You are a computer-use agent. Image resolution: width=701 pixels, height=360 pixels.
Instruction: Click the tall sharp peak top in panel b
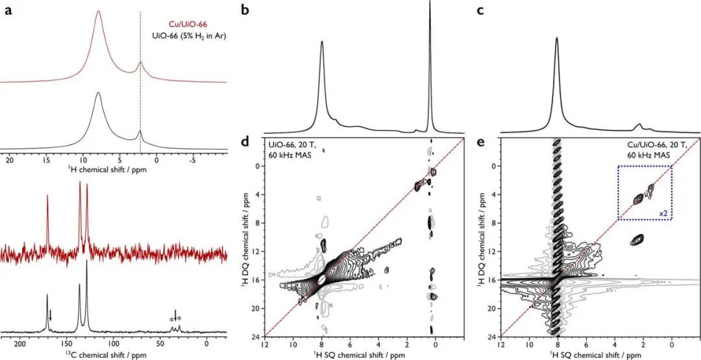(430, 3)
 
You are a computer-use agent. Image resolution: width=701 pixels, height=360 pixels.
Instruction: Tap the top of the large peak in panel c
(557, 38)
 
